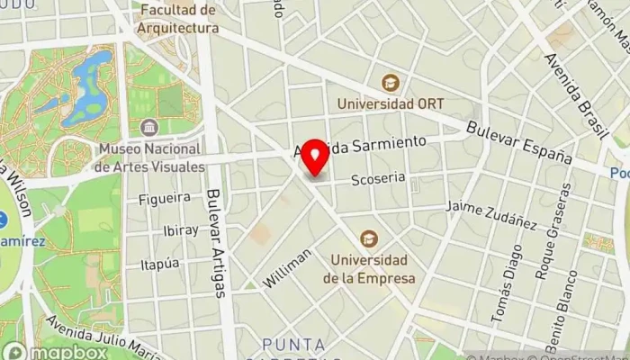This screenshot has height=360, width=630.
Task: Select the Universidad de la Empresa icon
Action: point(368,239)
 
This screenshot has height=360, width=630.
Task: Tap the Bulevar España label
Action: point(518,141)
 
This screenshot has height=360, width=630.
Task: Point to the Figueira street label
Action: point(165,197)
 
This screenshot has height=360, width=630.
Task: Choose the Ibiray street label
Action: point(181,229)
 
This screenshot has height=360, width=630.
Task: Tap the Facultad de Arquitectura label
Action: point(179,19)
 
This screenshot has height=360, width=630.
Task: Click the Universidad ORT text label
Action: point(390,103)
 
